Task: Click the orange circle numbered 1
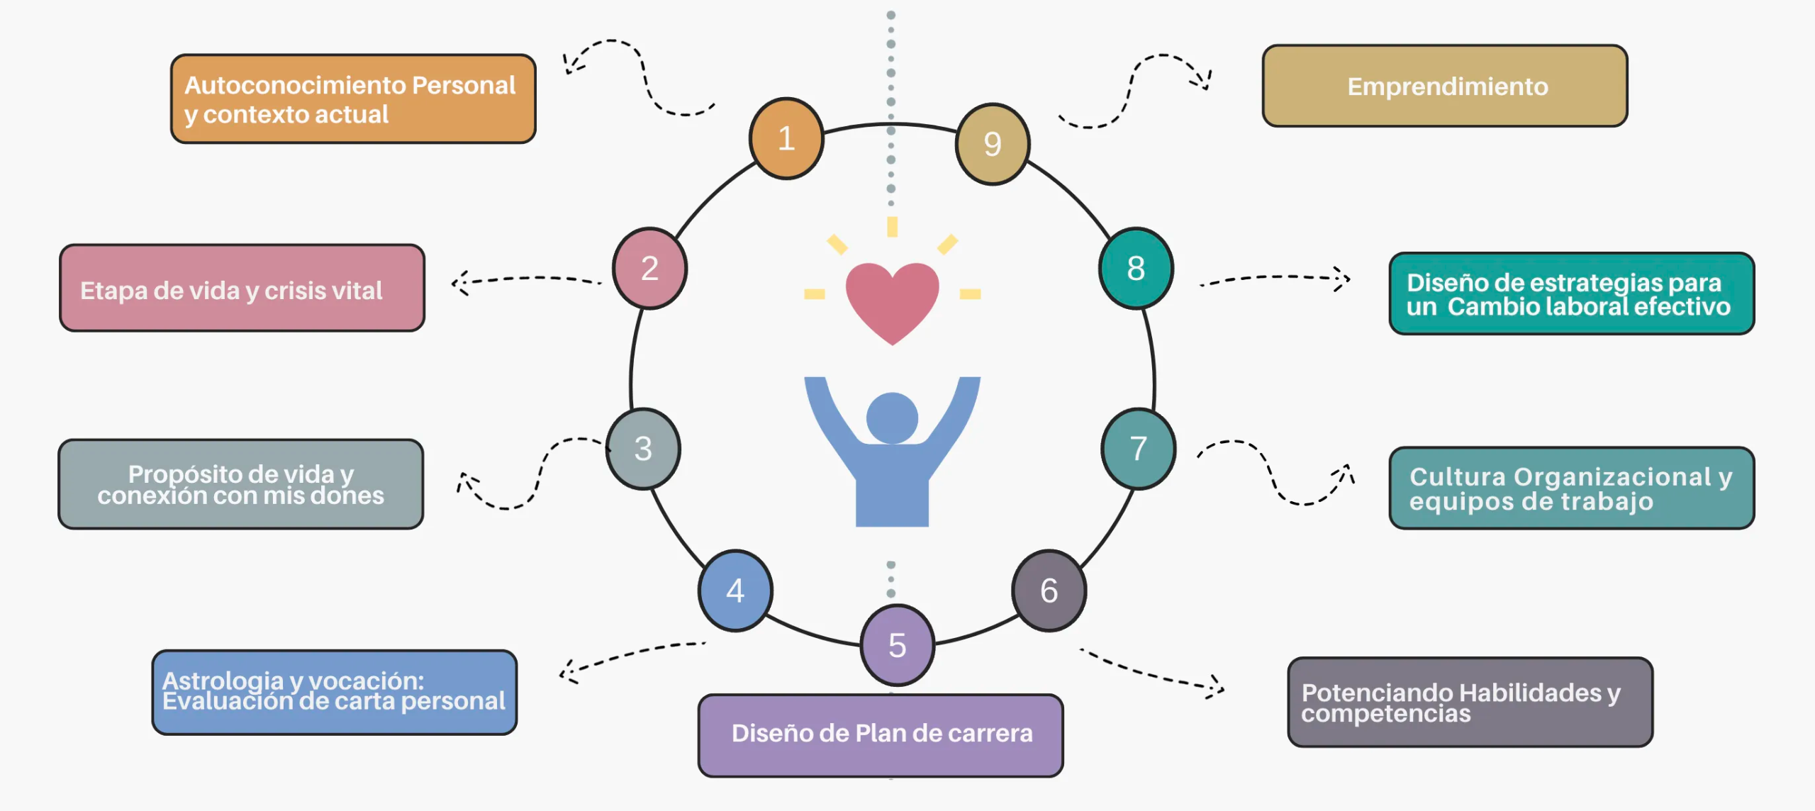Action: (786, 138)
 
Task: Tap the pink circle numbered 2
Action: (649, 268)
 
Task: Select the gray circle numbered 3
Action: (643, 449)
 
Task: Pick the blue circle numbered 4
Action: (735, 591)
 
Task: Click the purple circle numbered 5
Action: (897, 645)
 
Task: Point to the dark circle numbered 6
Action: (1049, 591)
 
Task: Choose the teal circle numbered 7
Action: (1138, 449)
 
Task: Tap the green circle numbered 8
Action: (1136, 268)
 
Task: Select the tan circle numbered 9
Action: (993, 144)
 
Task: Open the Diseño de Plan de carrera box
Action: (881, 735)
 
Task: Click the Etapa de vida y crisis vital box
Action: (242, 289)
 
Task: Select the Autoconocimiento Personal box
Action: (353, 99)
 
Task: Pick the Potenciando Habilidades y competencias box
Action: (1470, 702)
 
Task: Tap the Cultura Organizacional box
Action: (1571, 488)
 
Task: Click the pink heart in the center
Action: (892, 298)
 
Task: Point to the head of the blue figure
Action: (892, 418)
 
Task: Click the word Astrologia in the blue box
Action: (223, 680)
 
